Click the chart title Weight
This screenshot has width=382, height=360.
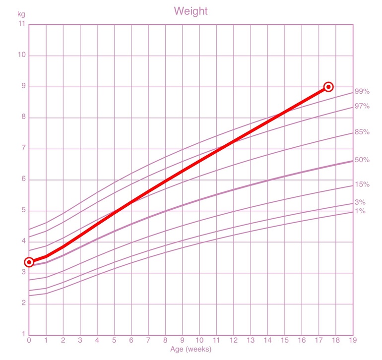(191, 11)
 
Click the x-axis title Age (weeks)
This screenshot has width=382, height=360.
(191, 349)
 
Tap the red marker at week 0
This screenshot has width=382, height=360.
(29, 262)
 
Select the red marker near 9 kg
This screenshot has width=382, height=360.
(328, 87)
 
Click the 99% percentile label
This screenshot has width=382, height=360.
(362, 92)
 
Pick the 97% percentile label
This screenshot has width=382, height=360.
(362, 107)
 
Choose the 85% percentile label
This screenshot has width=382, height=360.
(362, 132)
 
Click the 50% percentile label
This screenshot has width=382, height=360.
(362, 160)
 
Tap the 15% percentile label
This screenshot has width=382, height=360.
(362, 185)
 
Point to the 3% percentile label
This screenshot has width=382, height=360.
(360, 202)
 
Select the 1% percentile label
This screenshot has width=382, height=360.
(360, 211)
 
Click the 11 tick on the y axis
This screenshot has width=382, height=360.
(21, 24)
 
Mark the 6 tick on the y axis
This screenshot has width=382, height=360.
(23, 180)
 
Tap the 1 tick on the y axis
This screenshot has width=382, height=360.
(23, 334)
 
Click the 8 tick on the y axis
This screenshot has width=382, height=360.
(23, 118)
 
